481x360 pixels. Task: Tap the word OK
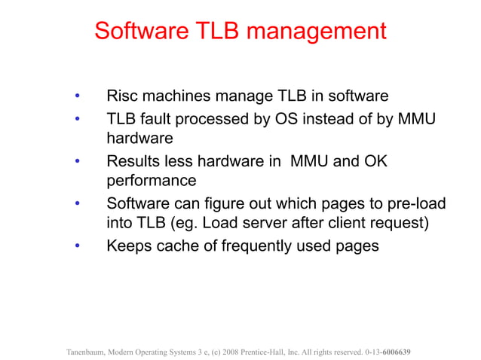[x=374, y=160]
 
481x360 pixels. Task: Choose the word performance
[x=152, y=182]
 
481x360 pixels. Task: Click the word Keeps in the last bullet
[x=130, y=246]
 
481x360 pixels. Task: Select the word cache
[x=182, y=246]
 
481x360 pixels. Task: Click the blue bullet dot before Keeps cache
[x=76, y=246]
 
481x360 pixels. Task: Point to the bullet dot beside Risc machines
[x=76, y=97]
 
